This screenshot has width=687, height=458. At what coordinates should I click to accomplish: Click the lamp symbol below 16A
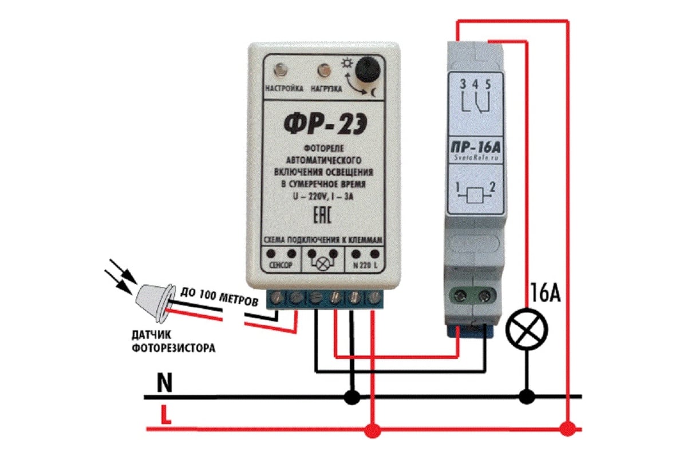pyautogui.click(x=527, y=330)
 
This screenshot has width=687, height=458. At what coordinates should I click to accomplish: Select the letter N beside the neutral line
pyautogui.click(x=164, y=384)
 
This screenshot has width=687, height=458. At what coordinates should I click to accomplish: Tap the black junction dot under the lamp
pyautogui.click(x=527, y=396)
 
